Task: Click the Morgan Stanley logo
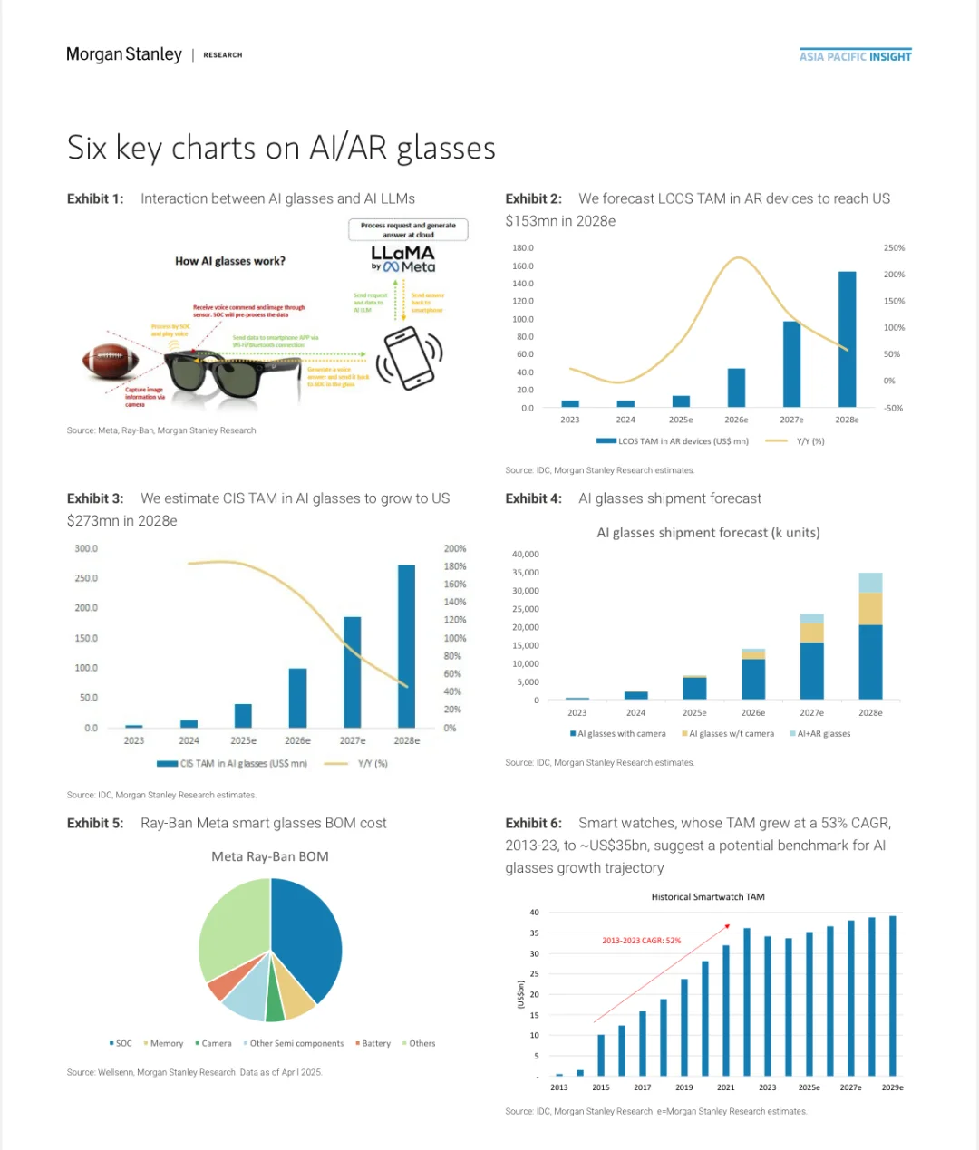tap(124, 54)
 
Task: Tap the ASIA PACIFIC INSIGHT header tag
tap(855, 56)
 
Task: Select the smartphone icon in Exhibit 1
tap(408, 357)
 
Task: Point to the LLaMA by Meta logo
tap(403, 258)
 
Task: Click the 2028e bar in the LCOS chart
tap(847, 339)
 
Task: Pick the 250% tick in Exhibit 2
tap(894, 247)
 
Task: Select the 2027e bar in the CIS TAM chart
tap(352, 672)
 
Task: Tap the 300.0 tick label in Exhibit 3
tap(86, 548)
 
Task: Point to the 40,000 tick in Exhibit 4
tap(525, 554)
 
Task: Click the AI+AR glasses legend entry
tap(822, 734)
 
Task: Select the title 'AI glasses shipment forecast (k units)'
tap(708, 533)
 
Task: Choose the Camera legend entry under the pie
tap(215, 1044)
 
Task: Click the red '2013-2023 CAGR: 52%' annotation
tap(641, 941)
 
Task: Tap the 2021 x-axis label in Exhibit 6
tap(725, 1087)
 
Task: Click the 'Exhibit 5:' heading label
tap(95, 823)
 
